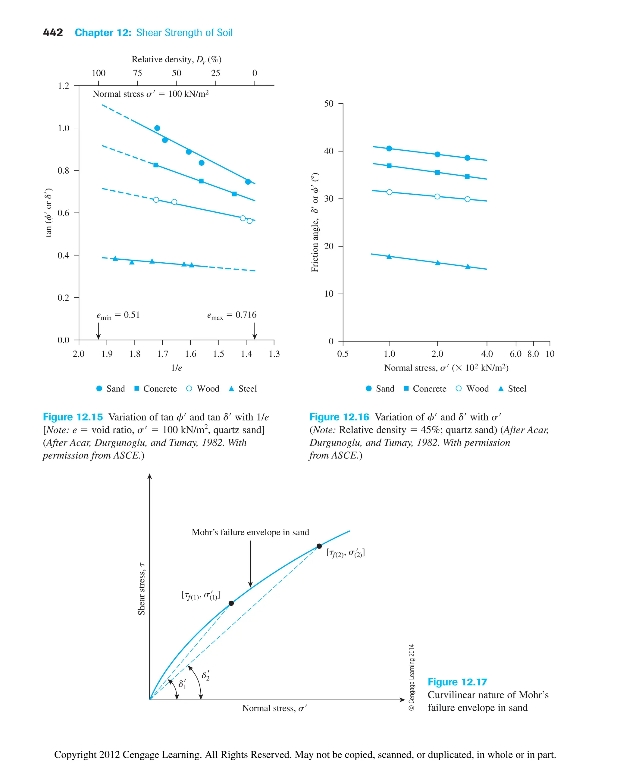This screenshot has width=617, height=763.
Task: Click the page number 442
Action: (53, 33)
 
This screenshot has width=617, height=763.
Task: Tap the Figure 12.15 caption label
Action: (73, 417)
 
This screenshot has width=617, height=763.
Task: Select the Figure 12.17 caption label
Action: (457, 682)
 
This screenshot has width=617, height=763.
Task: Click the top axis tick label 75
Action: (138, 73)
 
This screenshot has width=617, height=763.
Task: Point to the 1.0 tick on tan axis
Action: (64, 128)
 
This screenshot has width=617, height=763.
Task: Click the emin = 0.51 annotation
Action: (118, 315)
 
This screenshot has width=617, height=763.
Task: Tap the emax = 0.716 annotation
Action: (232, 315)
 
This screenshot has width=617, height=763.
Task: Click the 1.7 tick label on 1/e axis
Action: (163, 354)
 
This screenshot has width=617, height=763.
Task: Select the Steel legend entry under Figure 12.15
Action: (243, 389)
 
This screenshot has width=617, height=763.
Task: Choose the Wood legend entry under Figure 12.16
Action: (472, 389)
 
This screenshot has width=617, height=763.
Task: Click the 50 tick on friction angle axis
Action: (329, 104)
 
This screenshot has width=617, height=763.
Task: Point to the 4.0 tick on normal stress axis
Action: (487, 354)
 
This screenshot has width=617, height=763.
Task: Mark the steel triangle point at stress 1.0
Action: (389, 257)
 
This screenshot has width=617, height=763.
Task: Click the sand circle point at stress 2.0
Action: (437, 155)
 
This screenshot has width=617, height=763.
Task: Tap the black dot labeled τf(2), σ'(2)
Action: (319, 546)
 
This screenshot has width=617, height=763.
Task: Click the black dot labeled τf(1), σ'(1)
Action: (231, 603)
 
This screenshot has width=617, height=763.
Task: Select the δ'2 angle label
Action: (205, 676)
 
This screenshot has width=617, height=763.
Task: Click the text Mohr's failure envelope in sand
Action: (250, 532)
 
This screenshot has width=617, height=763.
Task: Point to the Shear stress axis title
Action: (142, 589)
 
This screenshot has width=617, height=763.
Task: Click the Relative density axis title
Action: (177, 59)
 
